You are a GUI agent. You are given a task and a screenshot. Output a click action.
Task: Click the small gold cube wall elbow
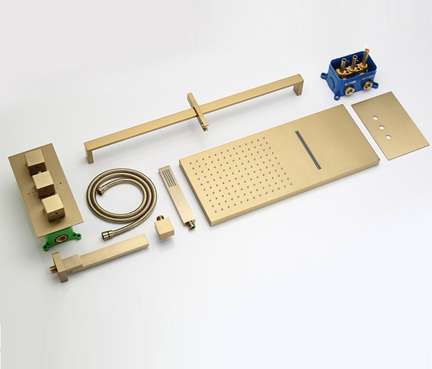164,228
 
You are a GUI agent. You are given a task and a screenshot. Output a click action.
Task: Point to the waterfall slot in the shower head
308,149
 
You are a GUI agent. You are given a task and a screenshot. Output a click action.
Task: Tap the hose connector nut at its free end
106,236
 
